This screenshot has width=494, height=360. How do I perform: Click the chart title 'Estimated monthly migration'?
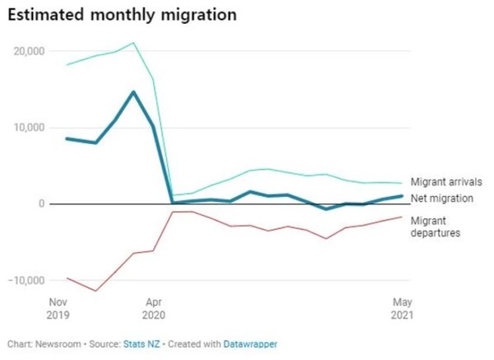coord(123,15)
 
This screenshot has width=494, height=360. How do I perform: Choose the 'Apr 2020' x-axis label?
coord(153,308)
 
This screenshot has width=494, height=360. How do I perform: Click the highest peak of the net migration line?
coord(133,91)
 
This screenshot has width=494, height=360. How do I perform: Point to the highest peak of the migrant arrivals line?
coord(133,43)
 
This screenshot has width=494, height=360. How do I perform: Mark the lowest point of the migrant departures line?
coord(96,291)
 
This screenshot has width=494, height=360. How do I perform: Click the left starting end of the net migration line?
coord(67,138)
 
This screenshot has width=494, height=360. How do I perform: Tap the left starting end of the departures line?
coord(67,278)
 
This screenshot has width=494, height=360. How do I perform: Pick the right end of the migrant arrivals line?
coord(402,183)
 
